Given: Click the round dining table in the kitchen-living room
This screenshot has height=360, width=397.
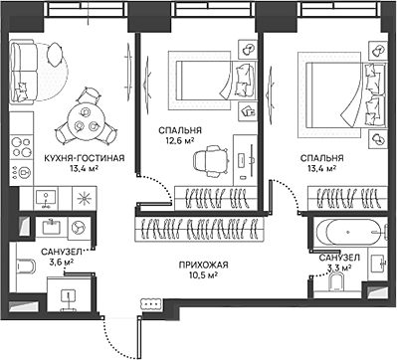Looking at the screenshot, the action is coord(86,121).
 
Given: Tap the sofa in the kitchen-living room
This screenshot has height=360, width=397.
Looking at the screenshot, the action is coord(23,71).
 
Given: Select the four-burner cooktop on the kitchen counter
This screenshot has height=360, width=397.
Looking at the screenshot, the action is coord(22,146).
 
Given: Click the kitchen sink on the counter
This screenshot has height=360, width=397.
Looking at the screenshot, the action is coord(46,198).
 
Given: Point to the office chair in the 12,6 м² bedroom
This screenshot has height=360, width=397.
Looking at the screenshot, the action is coord(211,161).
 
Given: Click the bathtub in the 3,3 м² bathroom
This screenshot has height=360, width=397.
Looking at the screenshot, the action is coord(348,232).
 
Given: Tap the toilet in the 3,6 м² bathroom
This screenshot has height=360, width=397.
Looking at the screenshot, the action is coord(24,267).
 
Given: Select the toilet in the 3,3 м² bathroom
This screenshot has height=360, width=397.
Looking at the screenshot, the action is coord(336,283).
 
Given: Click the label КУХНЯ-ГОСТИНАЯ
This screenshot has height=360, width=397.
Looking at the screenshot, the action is coord(85,158).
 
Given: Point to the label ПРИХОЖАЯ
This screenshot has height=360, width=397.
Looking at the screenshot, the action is coord(204,265).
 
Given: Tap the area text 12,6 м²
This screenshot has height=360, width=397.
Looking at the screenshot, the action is coord(180,141).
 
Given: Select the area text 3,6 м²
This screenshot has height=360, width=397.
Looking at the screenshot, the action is coord(61,263).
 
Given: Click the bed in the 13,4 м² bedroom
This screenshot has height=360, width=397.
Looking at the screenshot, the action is coord(346,94).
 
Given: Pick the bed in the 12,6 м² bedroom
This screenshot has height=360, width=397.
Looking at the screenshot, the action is coord(217,80).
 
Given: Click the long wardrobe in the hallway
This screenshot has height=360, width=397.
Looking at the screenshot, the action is coord(200,229).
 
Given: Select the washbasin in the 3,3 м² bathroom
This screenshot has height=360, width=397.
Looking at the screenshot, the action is coord(377,265).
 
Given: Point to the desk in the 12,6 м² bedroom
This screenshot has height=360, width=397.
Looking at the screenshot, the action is coord(245,160).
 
